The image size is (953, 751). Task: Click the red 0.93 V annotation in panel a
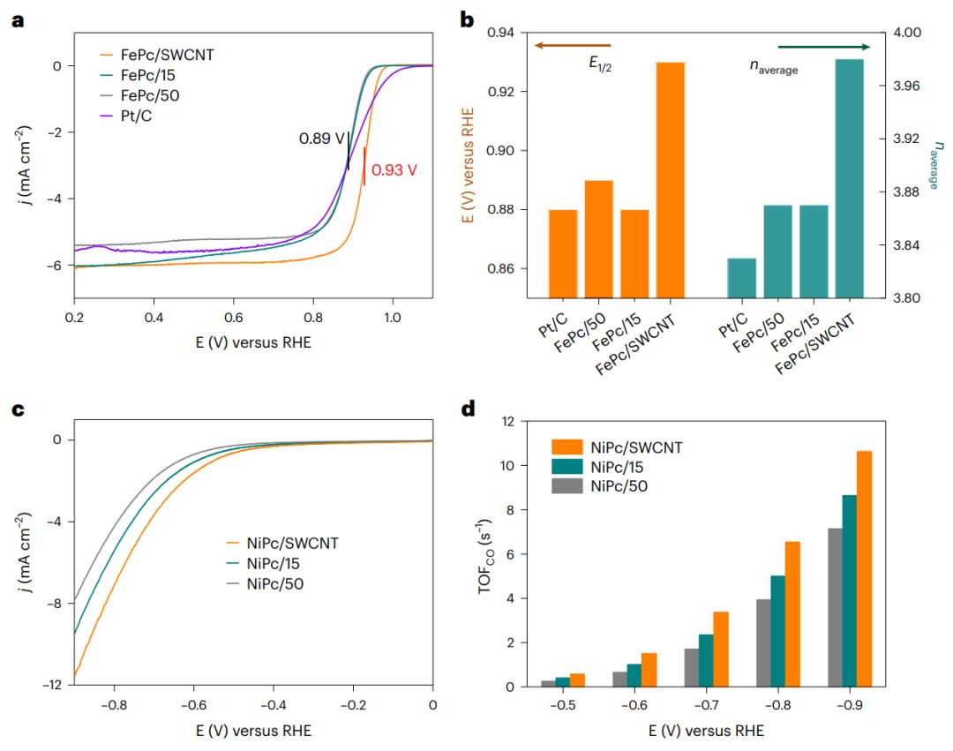(x=393, y=170)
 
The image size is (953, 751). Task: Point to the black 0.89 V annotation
(x=321, y=139)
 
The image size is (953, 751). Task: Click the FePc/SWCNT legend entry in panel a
(x=171, y=55)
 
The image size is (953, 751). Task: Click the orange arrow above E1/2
(x=573, y=46)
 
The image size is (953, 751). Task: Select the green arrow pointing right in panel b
(x=823, y=47)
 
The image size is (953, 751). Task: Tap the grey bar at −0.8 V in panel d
(x=763, y=642)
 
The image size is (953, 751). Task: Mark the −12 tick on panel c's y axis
(x=55, y=685)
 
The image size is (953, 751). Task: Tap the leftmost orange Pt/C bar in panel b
(x=563, y=253)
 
